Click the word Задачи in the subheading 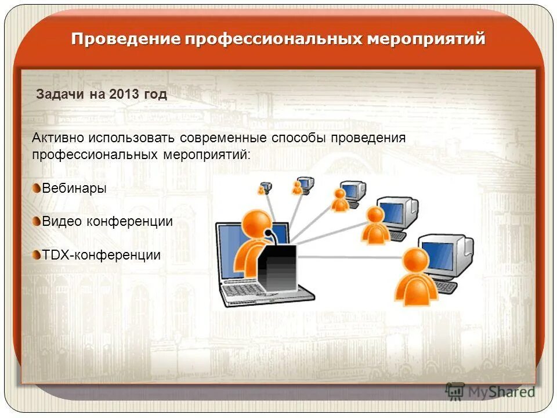coord(60,95)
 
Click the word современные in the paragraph coord(223,138)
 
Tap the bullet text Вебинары coord(74,188)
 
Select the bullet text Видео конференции coord(107,221)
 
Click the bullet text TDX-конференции coord(101,254)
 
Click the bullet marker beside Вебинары coord(37,188)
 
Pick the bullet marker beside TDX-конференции coord(37,254)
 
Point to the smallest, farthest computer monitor coord(267,186)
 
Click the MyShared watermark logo coord(490,391)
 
